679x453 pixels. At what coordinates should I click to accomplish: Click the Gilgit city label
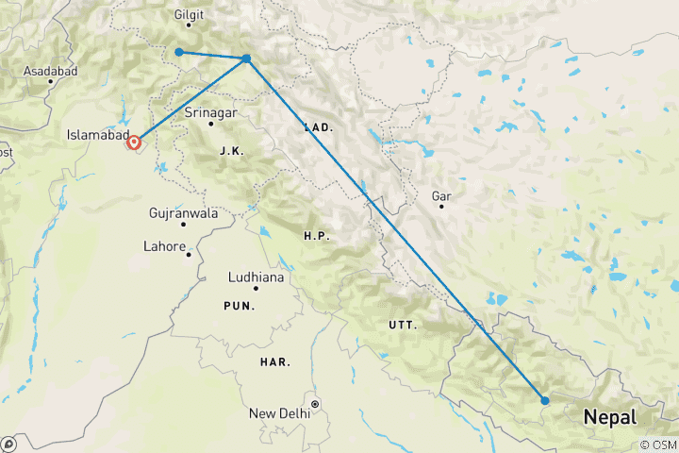tap(190, 15)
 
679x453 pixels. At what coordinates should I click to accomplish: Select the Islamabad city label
tap(97, 135)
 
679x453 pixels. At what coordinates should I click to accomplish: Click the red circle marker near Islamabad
tap(134, 143)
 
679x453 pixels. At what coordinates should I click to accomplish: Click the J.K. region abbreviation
tap(230, 151)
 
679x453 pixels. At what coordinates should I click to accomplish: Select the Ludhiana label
tap(257, 277)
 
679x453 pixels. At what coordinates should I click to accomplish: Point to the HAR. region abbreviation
tap(276, 361)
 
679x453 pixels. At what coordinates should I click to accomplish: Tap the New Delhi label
tap(280, 413)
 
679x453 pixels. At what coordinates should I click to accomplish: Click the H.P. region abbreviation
tap(317, 235)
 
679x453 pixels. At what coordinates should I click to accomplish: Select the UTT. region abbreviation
tap(402, 325)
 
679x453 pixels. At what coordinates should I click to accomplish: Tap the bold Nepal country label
tap(609, 416)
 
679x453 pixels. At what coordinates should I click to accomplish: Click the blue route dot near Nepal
tap(545, 400)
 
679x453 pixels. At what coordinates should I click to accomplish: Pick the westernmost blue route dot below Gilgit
tap(179, 52)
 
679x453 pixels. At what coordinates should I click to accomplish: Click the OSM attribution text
tap(659, 445)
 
